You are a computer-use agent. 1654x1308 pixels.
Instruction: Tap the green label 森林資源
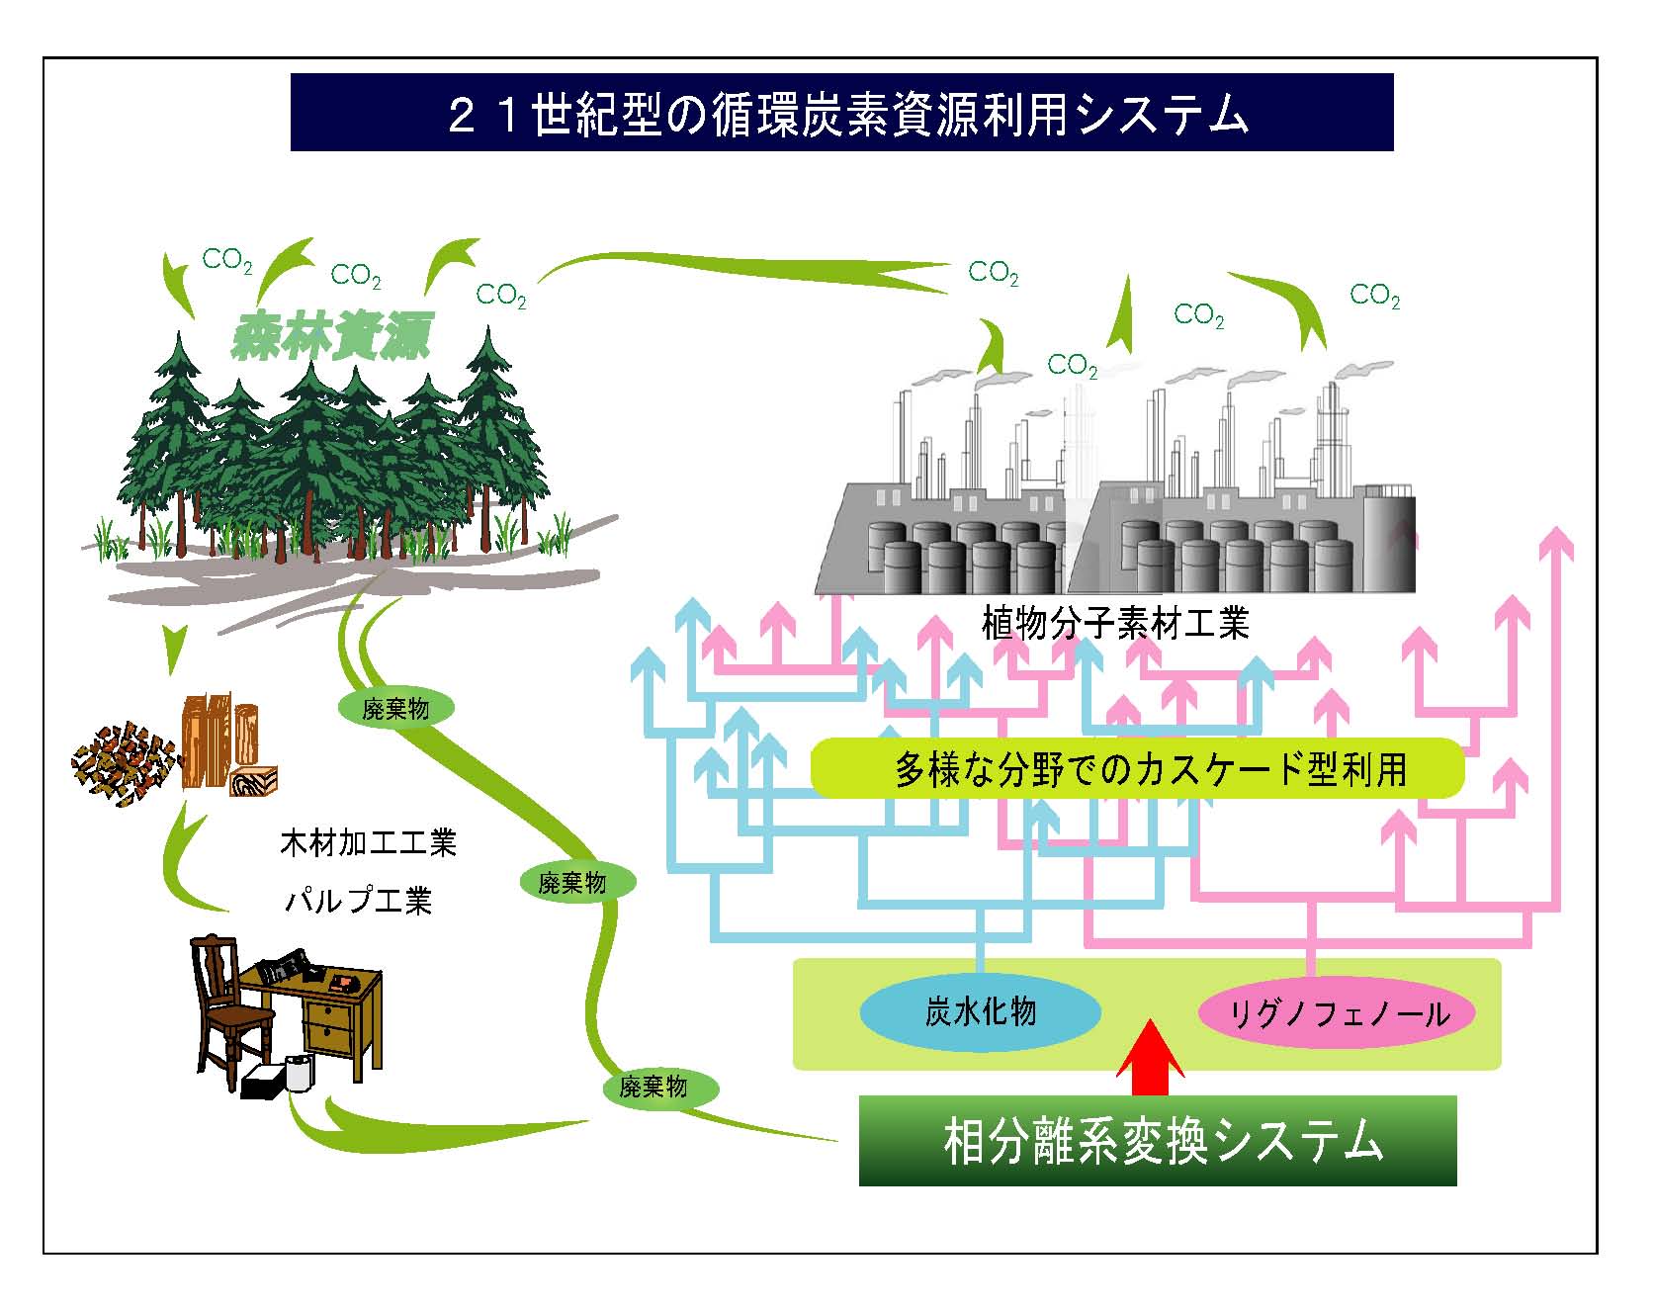(330, 337)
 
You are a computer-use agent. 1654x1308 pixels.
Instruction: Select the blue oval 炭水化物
(980, 1012)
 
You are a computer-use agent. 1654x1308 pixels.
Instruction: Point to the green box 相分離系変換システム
(1158, 1140)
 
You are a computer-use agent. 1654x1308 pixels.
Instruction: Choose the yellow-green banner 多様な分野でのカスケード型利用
(1137, 768)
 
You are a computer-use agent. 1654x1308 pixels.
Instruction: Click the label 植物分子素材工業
(1115, 623)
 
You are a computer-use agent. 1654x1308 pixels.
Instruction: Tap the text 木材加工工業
(369, 843)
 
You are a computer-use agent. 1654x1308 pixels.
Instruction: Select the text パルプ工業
(358, 901)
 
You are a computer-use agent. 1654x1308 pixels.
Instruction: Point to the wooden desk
(316, 1013)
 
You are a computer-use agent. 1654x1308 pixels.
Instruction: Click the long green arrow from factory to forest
(741, 268)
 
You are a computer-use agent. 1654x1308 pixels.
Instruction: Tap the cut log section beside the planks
(255, 780)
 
